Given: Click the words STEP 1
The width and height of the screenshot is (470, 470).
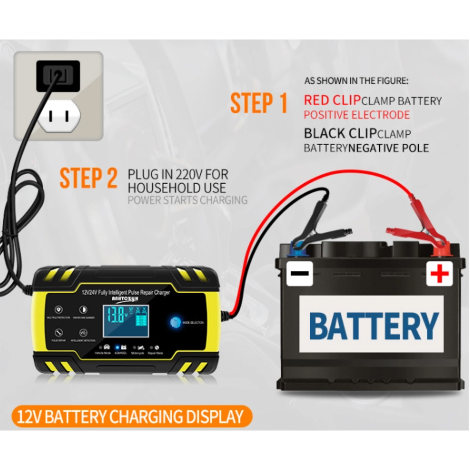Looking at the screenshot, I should [258, 103].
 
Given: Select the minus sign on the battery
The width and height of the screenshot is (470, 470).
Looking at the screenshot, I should [300, 274].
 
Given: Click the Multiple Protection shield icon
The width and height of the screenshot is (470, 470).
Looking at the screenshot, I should [58, 310].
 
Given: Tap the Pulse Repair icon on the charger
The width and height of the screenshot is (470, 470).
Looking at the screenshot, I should [58, 331].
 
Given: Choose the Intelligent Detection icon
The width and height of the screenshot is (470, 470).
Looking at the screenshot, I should [83, 331].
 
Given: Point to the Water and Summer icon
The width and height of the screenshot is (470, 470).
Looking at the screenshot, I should [83, 310].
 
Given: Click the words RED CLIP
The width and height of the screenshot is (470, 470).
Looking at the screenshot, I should [332, 100].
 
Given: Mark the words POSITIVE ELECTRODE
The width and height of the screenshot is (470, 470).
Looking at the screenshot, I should [356, 115].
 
